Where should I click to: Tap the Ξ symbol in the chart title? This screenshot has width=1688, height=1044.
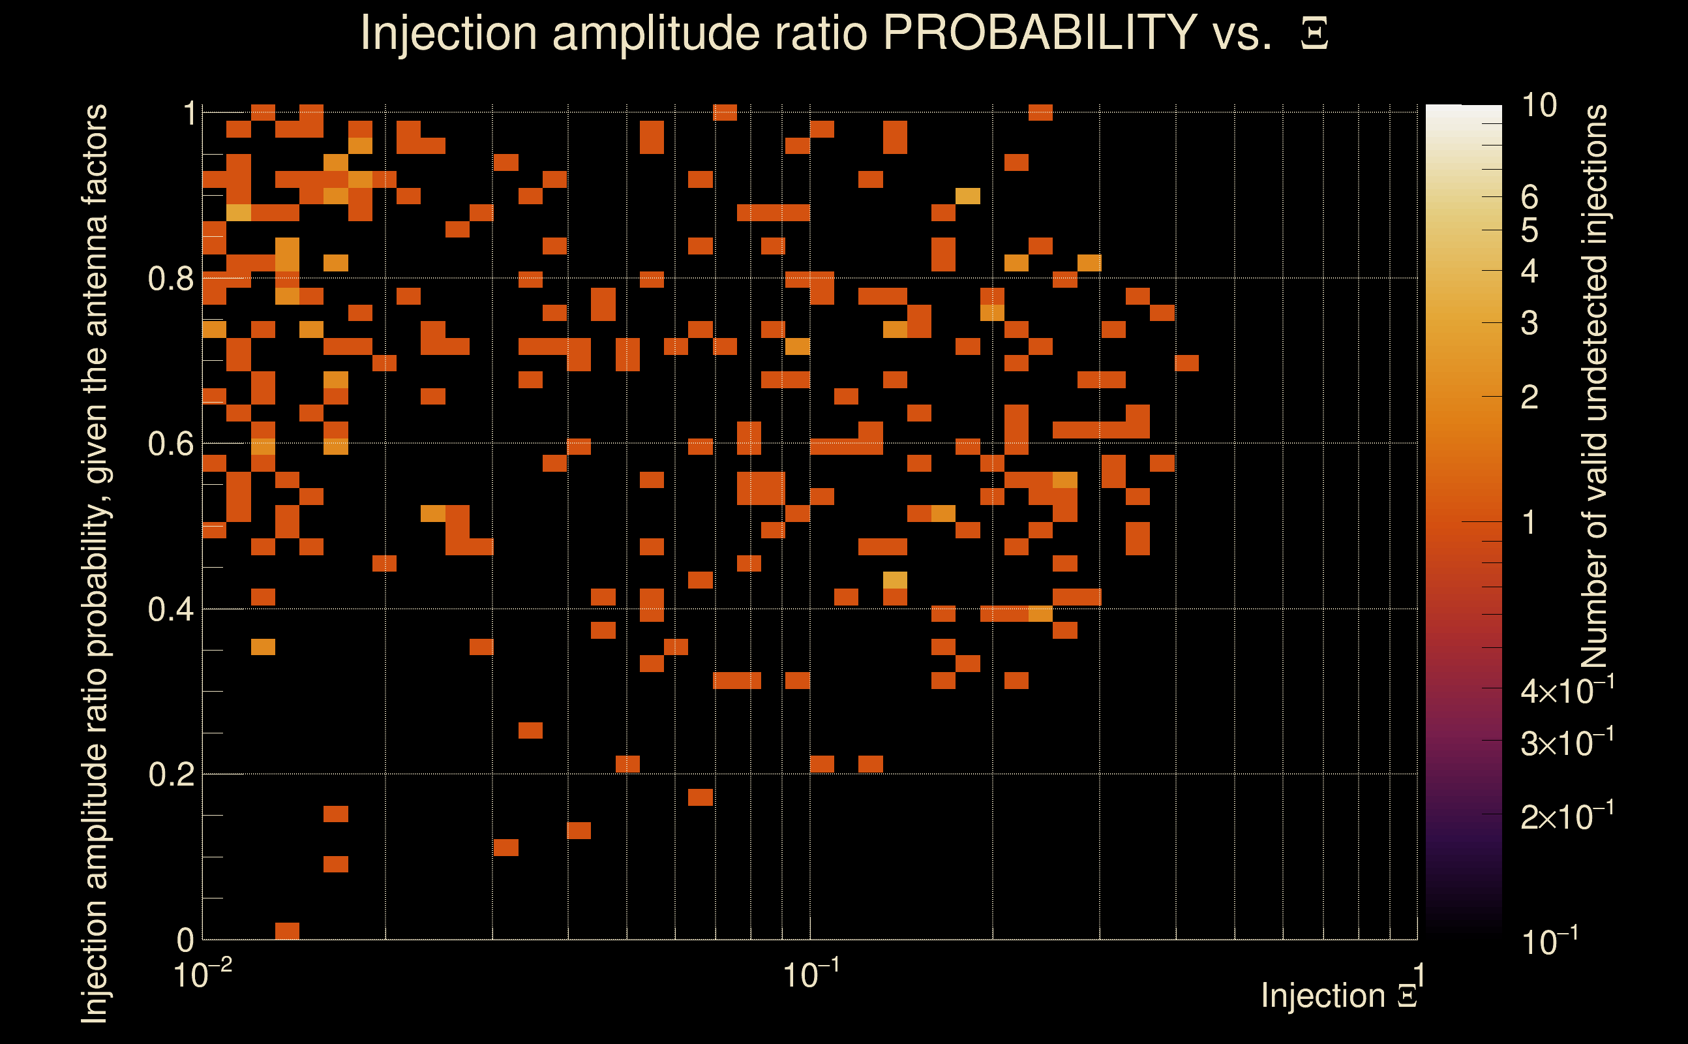point(1314,34)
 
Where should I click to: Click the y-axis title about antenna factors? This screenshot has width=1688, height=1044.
point(95,562)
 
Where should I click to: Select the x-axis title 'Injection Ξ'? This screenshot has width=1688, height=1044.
point(1338,995)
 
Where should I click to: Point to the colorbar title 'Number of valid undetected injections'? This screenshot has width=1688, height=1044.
point(1593,387)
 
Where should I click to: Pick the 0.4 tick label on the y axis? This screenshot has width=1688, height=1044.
point(170,609)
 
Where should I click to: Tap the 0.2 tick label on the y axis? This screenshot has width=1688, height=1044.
point(170,775)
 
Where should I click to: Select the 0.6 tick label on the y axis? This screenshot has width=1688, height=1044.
point(170,444)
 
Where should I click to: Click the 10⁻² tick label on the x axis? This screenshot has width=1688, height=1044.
point(202,974)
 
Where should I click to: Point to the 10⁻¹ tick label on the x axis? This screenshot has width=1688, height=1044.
point(811,974)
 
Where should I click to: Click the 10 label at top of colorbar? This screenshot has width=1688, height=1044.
point(1539,106)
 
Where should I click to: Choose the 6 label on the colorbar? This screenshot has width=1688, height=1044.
point(1530,198)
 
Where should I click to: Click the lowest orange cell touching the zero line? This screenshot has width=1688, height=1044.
point(287,930)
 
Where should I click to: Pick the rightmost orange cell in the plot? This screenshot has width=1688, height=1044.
point(1186,363)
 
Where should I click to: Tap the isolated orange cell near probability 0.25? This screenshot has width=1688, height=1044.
point(530,731)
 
